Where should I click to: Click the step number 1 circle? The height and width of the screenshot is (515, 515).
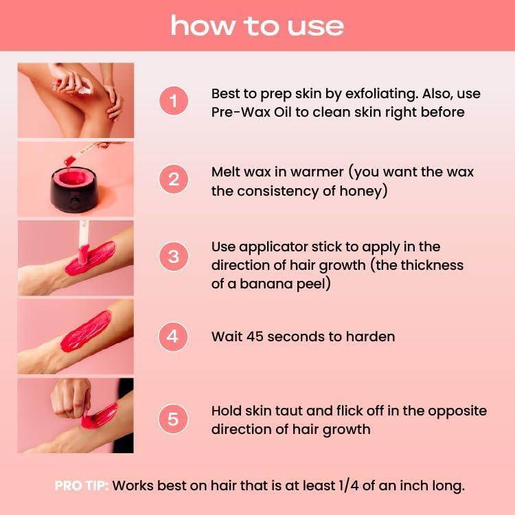click(x=174, y=102)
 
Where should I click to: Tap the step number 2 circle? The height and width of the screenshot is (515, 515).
click(x=174, y=180)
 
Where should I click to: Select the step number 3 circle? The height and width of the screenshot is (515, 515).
click(x=174, y=257)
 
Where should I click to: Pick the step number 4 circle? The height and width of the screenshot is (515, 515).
click(x=174, y=336)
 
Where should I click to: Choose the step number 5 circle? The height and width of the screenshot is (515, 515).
click(x=174, y=419)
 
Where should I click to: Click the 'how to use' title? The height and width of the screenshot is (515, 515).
click(x=257, y=25)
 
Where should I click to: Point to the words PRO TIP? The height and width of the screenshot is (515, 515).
click(x=81, y=485)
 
